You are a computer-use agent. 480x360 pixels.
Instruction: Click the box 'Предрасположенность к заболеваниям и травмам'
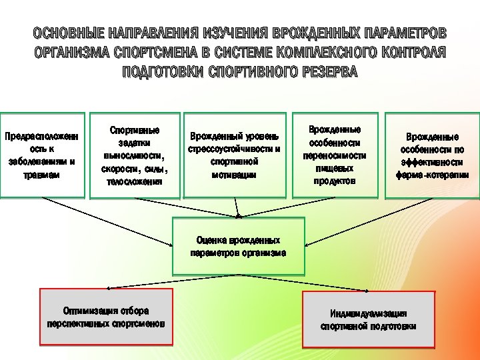point(43,155)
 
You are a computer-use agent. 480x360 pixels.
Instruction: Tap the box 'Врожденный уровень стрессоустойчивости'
point(234,155)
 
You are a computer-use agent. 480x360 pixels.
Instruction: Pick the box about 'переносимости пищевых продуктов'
point(335,155)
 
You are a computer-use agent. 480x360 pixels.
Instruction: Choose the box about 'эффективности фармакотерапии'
point(431,155)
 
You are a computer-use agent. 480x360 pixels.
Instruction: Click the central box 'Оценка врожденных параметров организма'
point(238,246)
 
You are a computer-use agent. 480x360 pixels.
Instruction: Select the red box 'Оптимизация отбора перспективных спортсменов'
point(106,317)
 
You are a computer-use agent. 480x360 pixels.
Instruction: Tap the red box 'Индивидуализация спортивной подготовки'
point(368,319)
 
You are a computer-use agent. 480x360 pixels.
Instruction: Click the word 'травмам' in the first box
point(43,174)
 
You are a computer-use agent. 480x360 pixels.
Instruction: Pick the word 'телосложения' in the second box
point(135,181)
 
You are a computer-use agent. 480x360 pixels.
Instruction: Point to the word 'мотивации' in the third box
point(234,174)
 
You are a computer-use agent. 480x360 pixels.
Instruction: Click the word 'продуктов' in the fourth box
point(335,181)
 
